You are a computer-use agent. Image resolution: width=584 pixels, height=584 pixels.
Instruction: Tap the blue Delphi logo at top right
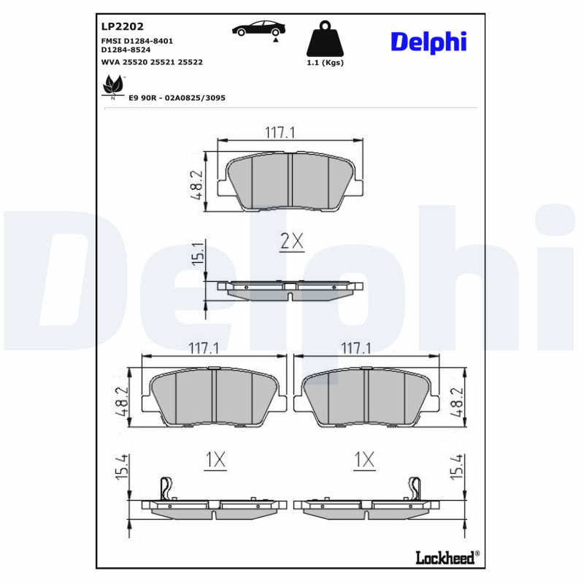click(428, 42)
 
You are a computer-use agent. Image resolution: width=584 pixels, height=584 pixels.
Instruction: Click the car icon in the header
click(258, 29)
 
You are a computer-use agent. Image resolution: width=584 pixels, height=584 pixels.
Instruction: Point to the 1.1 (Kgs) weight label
click(326, 63)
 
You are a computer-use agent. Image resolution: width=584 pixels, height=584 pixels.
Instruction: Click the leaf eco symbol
click(112, 87)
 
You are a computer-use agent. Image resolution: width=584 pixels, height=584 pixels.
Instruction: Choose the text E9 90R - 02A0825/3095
click(177, 97)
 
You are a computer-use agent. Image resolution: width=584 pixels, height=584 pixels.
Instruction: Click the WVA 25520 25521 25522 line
click(152, 63)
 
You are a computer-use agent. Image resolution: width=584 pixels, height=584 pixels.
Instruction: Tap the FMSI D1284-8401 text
click(142, 41)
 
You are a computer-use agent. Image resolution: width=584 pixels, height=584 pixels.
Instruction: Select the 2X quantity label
click(291, 242)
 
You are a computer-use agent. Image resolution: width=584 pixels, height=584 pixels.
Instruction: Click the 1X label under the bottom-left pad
click(216, 460)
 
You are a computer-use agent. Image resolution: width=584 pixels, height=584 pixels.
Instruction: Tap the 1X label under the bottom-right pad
click(364, 460)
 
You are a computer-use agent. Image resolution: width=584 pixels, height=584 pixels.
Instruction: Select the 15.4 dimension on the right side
click(458, 469)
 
